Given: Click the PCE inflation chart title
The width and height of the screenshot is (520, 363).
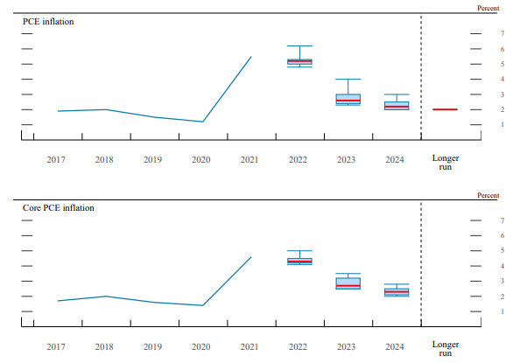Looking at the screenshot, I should (48, 21).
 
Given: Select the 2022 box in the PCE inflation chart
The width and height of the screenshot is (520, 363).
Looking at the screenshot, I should (299, 62).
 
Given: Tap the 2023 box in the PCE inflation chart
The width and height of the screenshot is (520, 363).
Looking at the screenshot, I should (348, 99).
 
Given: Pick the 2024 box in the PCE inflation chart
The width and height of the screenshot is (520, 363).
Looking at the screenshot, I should (397, 106).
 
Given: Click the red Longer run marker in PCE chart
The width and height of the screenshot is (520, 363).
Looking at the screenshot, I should (445, 109).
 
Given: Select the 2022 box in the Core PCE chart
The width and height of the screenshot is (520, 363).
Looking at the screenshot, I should (299, 261).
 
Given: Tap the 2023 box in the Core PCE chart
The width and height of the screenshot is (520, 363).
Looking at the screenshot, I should (348, 283).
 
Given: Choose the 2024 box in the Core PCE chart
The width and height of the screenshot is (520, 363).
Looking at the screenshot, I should (397, 291).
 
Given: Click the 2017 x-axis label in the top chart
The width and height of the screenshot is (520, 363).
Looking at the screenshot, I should (55, 159).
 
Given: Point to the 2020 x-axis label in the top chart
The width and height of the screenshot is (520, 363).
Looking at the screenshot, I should (200, 159).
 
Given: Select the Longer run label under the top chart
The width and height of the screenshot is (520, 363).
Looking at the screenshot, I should (445, 163).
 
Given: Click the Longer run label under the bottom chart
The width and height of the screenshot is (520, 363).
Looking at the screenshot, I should (445, 349).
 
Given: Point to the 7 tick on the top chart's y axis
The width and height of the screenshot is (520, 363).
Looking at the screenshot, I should (502, 33).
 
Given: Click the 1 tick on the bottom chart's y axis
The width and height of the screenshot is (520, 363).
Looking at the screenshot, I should (502, 312).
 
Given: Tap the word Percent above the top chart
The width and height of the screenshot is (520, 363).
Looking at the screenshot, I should (488, 8).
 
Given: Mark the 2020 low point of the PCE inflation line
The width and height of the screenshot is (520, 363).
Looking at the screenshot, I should (203, 122).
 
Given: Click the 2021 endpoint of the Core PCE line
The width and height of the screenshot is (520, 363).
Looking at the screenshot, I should (251, 257).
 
